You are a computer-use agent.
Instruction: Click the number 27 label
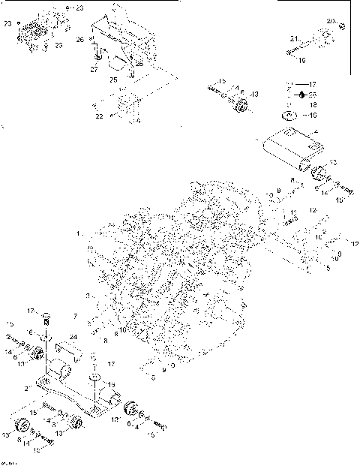94,68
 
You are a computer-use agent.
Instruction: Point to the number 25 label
114,79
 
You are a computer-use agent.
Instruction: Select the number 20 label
331,20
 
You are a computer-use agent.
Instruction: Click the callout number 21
295,37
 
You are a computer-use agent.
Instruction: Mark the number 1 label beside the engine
78,235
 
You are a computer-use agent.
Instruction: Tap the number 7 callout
75,316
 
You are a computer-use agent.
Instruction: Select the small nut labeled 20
341,26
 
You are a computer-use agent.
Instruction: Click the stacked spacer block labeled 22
127,106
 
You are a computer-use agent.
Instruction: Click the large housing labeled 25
124,41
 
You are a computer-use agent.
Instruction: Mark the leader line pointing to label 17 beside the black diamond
298,85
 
